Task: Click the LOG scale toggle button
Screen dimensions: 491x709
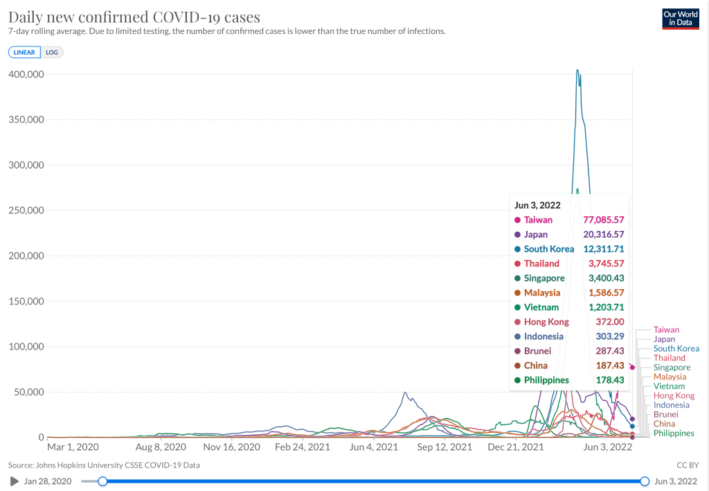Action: [52, 52]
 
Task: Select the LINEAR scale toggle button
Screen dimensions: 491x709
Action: [25, 52]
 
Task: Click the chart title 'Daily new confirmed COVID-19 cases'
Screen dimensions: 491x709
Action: [134, 17]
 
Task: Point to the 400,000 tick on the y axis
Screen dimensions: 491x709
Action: [26, 74]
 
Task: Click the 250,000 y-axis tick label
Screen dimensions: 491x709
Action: [26, 211]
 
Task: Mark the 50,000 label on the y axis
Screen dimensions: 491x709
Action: [28, 393]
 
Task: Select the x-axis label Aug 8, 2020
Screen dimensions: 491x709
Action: [161, 447]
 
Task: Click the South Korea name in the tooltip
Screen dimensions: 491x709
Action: [549, 249]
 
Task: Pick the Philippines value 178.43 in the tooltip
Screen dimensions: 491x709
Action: [610, 380]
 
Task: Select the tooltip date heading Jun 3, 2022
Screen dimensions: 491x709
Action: [537, 205]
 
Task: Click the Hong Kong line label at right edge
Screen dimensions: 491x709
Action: [674, 395]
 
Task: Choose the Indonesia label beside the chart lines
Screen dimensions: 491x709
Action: [672, 405]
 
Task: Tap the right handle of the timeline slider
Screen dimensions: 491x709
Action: [645, 481]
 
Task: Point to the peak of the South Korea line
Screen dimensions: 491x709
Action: [577, 70]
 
